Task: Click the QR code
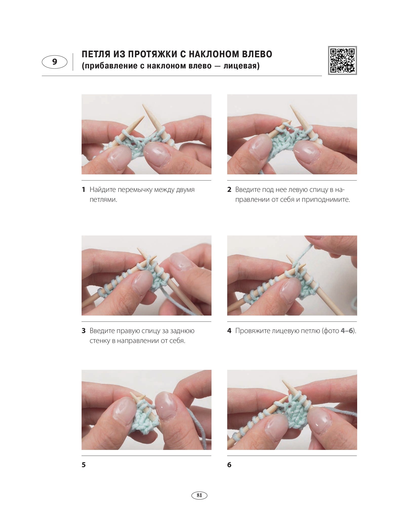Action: pyautogui.click(x=342, y=60)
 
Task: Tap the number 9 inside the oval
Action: pyautogui.click(x=55, y=62)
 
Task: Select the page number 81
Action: pyautogui.click(x=199, y=495)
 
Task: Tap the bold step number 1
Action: pyautogui.click(x=84, y=189)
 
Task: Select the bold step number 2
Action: pyautogui.click(x=229, y=189)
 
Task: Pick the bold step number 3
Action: pyautogui.click(x=84, y=331)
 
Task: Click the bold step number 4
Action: pyautogui.click(x=229, y=331)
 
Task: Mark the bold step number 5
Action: pyautogui.click(x=84, y=465)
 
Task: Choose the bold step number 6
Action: pyautogui.click(x=229, y=465)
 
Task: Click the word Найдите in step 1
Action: pyautogui.click(x=103, y=190)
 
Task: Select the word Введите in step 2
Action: pyautogui.click(x=248, y=190)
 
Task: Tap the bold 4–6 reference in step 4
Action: pyautogui.click(x=347, y=331)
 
